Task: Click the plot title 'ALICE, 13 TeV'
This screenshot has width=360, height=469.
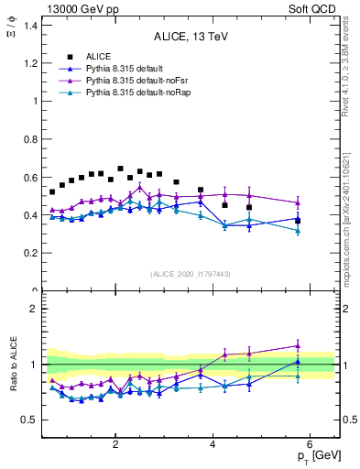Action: click(x=190, y=36)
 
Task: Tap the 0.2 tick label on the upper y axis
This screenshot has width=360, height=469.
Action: click(x=30, y=253)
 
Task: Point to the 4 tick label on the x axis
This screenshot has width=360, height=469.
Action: click(x=213, y=444)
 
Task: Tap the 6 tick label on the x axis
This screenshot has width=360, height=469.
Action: click(x=311, y=444)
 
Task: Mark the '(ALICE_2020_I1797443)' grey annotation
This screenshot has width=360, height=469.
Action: click(x=190, y=274)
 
